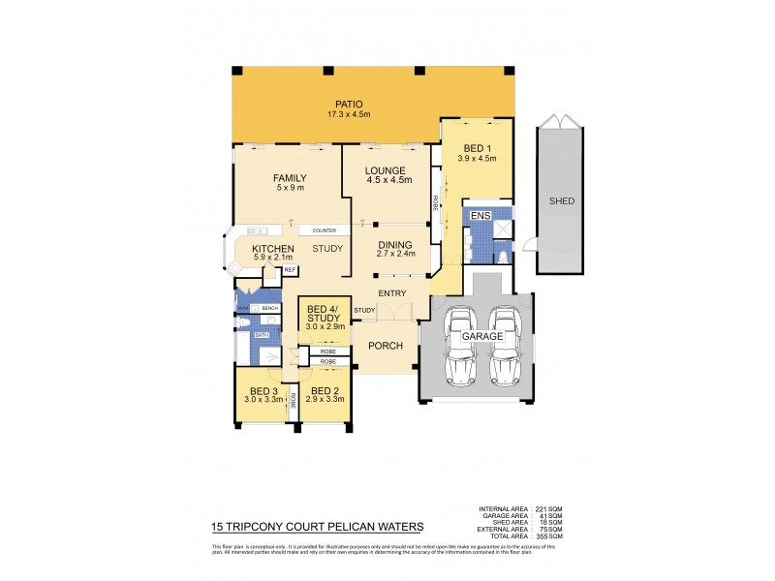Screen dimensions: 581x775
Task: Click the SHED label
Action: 561,201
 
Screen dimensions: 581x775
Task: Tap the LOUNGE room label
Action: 386,169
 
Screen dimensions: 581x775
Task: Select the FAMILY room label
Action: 289,178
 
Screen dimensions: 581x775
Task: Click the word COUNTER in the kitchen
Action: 324,230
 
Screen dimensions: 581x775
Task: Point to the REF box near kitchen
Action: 289,270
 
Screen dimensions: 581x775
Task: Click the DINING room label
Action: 395,245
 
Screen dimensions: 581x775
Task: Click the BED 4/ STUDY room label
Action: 324,313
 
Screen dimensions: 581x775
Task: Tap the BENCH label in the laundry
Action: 269,308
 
